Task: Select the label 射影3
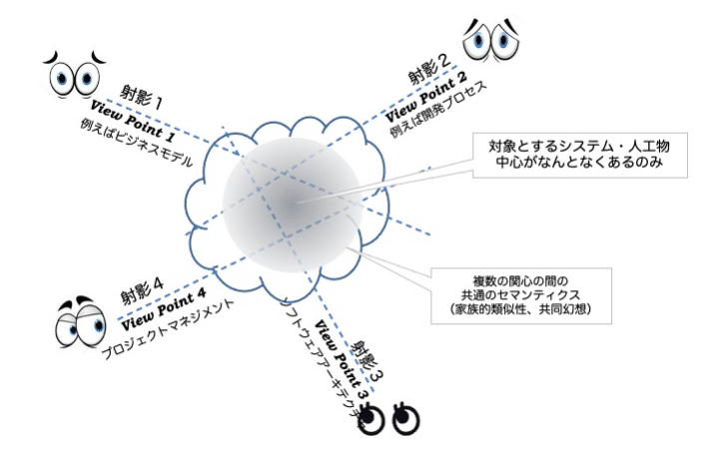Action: coord(370,357)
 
